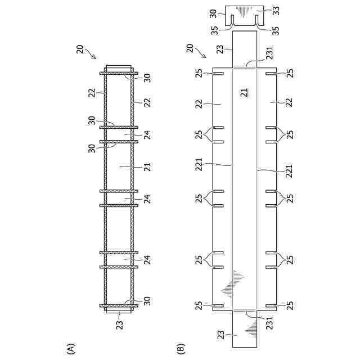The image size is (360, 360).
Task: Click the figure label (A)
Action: pos(70,348)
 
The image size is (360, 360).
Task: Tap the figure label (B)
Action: pos(181,348)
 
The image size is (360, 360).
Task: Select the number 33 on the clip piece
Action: pos(276,11)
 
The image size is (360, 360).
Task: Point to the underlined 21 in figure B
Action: pos(244,92)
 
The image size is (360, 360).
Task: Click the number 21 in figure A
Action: pos(148,166)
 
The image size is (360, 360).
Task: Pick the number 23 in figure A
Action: pos(119,325)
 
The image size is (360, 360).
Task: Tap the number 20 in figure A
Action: pos(80,49)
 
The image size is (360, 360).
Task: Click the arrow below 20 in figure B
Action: pos(200,53)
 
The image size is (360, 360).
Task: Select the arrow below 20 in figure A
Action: pos(90,53)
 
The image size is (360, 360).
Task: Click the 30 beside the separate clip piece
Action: pos(213,13)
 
